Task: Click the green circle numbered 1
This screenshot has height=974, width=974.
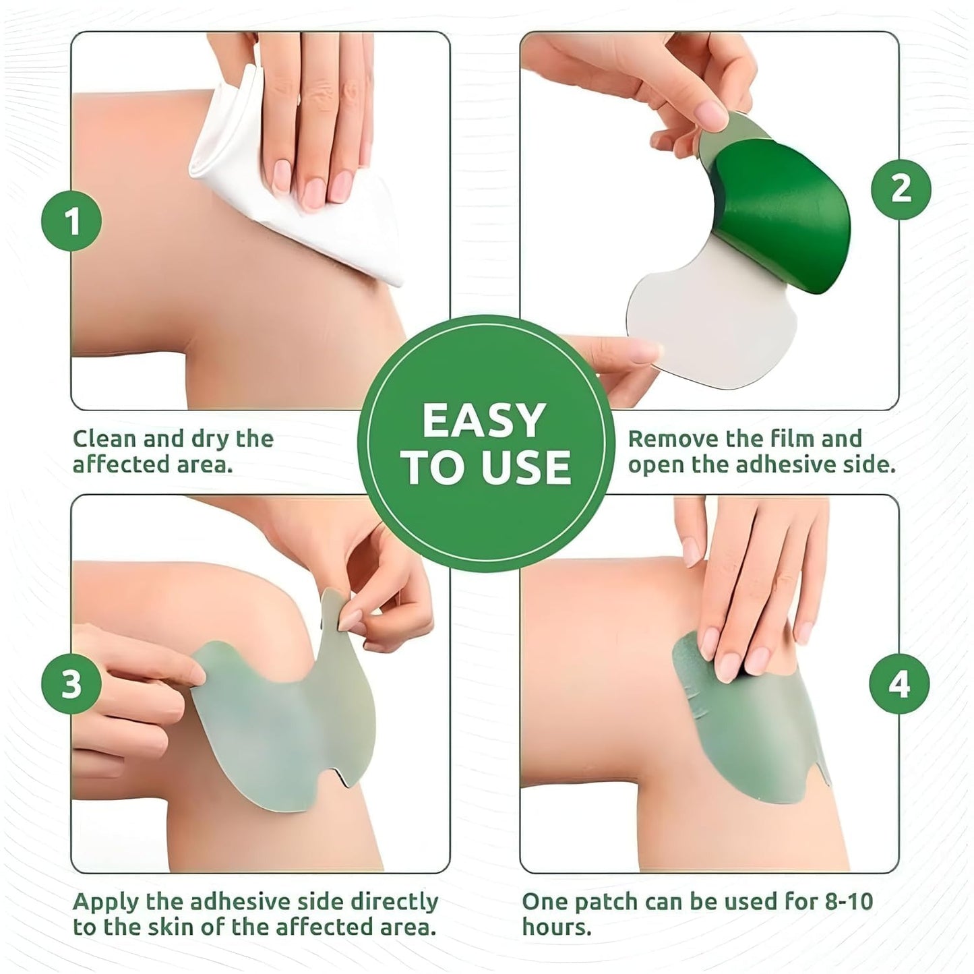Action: pos(71,221)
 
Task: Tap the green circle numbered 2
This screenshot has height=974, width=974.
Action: pos(901,189)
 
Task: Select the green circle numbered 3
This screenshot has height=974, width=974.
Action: pos(71,684)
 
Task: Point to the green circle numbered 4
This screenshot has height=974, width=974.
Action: pos(899,684)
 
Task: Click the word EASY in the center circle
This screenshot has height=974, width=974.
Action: pos(483,421)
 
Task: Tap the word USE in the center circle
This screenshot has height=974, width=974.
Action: pos(524,468)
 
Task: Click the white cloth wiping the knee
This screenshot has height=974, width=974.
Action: pos(297,202)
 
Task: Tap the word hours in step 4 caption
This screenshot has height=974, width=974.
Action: pos(556,927)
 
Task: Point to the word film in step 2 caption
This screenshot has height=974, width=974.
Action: pos(791,439)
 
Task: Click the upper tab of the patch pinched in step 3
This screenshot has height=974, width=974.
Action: pos(334,607)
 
